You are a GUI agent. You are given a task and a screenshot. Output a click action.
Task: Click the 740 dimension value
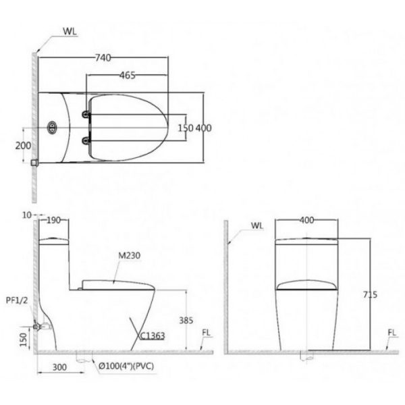[103, 58]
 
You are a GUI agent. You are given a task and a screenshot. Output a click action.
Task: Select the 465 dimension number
[128, 76]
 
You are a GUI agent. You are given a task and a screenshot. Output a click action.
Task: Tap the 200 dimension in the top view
[23, 146]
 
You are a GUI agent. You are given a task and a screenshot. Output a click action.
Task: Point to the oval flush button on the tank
[52, 128]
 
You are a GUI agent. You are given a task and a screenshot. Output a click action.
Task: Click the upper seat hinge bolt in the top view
[86, 114]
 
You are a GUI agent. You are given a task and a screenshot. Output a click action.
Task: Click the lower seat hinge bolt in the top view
[86, 141]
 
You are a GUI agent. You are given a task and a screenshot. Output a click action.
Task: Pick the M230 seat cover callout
[129, 255]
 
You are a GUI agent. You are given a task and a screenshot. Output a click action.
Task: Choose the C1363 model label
[152, 335]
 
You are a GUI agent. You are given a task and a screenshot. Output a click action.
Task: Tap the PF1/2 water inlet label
[17, 300]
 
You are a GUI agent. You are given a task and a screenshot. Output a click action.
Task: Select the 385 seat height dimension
[186, 321]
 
